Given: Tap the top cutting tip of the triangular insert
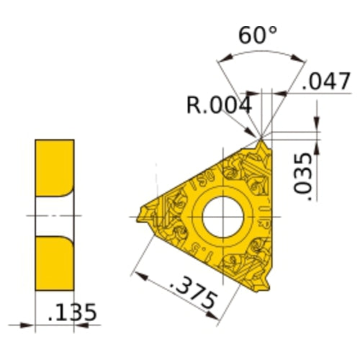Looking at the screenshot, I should (263, 141).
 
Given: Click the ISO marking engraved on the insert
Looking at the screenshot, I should (199, 176).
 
